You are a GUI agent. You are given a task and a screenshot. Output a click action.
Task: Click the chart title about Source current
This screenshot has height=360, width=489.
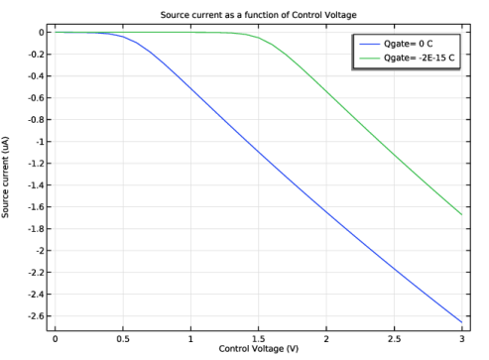(x=258, y=15)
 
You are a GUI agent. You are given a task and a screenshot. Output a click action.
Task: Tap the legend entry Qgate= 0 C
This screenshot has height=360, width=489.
(x=408, y=44)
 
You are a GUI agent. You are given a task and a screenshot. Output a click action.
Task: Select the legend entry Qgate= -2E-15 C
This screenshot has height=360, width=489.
(x=419, y=58)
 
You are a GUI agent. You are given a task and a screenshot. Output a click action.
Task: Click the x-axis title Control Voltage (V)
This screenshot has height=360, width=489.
(x=258, y=349)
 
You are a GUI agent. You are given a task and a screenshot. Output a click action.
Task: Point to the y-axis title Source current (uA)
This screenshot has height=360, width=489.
(x=5, y=178)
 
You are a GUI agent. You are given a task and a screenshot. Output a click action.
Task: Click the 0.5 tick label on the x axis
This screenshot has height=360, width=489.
(x=123, y=339)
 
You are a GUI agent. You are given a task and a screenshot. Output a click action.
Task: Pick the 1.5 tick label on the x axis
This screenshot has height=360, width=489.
(x=258, y=339)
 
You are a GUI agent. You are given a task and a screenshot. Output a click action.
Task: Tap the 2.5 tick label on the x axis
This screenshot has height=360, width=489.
(x=394, y=339)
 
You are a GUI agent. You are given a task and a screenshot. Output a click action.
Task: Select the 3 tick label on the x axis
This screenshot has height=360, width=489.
(x=462, y=339)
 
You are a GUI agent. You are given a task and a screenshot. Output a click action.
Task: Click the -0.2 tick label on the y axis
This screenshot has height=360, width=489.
(x=36, y=55)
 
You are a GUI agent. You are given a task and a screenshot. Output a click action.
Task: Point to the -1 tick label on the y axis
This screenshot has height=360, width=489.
(x=40, y=142)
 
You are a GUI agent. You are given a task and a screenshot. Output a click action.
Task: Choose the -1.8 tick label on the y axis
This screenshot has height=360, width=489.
(x=36, y=229)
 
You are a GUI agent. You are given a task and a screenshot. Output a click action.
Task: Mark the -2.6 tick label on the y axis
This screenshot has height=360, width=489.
(x=36, y=316)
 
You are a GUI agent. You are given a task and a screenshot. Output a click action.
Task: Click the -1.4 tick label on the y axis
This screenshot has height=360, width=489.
(x=36, y=185)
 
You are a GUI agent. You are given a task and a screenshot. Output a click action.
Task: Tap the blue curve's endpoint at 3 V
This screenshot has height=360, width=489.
(x=462, y=322)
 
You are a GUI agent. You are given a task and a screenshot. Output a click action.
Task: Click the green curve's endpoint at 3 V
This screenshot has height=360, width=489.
(x=462, y=215)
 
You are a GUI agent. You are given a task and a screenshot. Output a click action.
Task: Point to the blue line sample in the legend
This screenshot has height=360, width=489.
(x=369, y=44)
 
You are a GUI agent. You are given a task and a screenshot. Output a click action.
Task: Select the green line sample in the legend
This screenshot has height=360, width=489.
(x=369, y=58)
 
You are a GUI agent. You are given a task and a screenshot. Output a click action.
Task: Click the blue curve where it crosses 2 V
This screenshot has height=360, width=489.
(x=326, y=211)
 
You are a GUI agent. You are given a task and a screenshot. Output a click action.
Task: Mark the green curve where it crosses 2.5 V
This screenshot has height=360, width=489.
(x=394, y=155)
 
